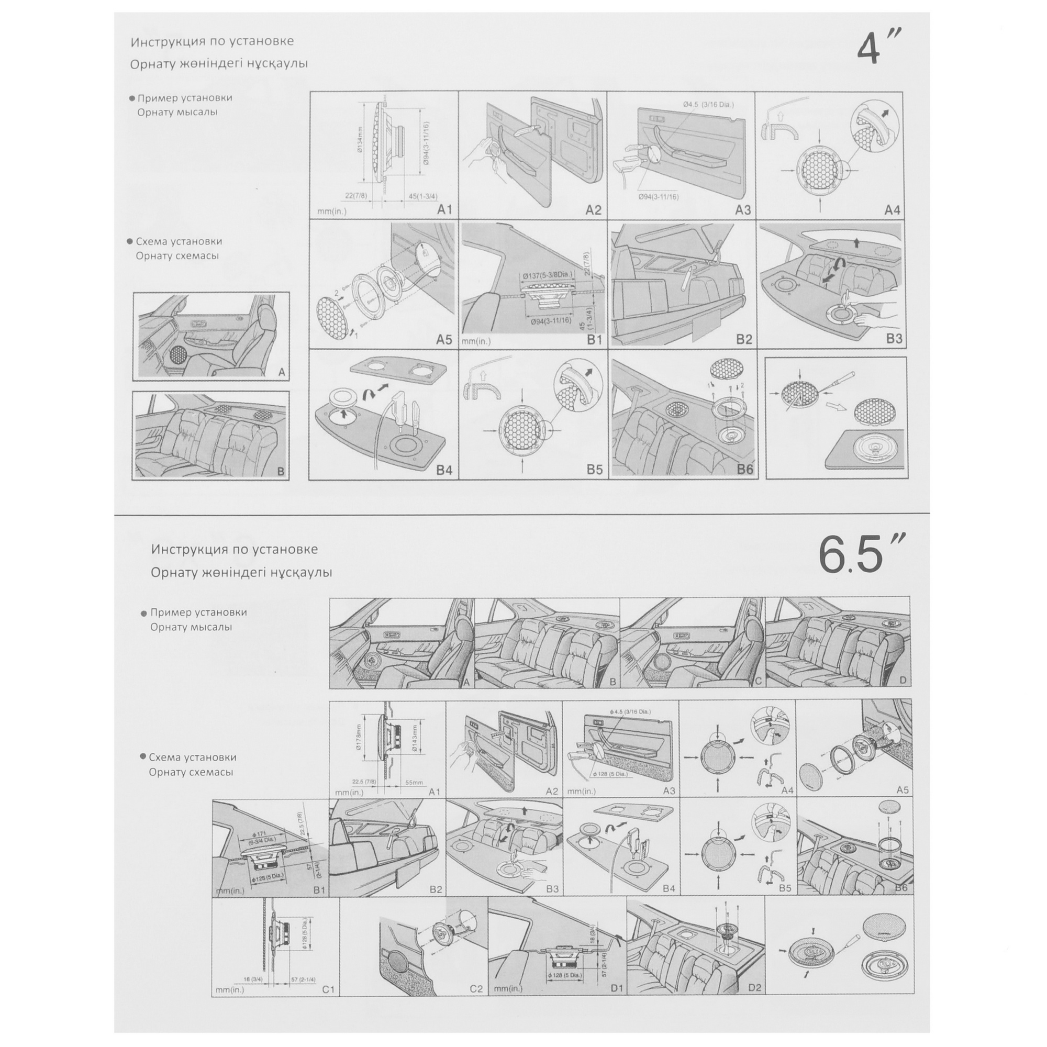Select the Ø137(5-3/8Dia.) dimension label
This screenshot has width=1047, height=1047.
(548, 276)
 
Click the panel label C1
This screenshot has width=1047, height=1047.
(328, 989)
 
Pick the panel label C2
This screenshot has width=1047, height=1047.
(476, 989)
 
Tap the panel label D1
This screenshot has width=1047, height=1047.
(617, 988)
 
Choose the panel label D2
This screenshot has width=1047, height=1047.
(754, 988)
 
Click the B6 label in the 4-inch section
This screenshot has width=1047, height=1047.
(744, 469)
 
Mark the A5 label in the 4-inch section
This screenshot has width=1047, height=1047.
(444, 340)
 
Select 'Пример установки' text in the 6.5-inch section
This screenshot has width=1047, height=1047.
(198, 612)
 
